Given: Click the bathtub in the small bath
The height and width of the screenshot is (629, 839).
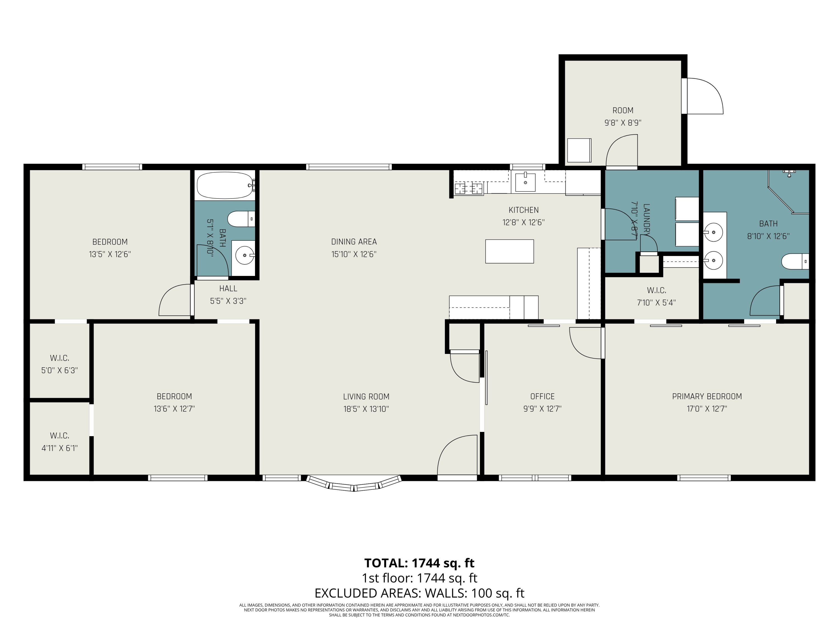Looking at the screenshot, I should pyautogui.click(x=225, y=185).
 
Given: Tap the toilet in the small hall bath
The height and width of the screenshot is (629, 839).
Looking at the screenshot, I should pyautogui.click(x=240, y=219).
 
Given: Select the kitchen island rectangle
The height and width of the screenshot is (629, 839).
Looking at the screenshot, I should pyautogui.click(x=509, y=251).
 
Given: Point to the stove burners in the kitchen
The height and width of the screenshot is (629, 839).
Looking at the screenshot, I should pyautogui.click(x=469, y=188).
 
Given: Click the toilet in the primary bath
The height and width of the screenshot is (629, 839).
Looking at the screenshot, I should pyautogui.click(x=794, y=261).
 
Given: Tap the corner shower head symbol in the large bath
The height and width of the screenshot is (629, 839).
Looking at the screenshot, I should pyautogui.click(x=789, y=173).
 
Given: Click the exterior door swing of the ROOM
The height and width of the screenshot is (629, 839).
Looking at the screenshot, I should pyautogui.click(x=704, y=96).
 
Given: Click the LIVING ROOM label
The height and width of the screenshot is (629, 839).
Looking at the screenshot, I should pyautogui.click(x=366, y=397).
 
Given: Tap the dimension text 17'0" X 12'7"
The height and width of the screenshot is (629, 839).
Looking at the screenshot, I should pyautogui.click(x=707, y=409).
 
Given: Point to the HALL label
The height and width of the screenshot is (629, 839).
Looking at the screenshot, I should pyautogui.click(x=228, y=289).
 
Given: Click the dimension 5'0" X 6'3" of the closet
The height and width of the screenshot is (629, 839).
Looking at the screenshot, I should pyautogui.click(x=60, y=370).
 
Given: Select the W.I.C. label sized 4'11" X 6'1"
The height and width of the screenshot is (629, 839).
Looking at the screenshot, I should pyautogui.click(x=60, y=436).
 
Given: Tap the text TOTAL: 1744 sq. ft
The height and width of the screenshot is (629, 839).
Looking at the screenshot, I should pyautogui.click(x=419, y=563).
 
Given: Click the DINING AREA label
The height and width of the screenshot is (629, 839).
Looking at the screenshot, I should pyautogui.click(x=354, y=242).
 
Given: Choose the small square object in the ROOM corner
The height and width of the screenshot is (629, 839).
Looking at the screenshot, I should pyautogui.click(x=579, y=150).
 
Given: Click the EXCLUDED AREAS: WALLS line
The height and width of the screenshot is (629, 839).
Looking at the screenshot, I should pyautogui.click(x=419, y=593).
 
